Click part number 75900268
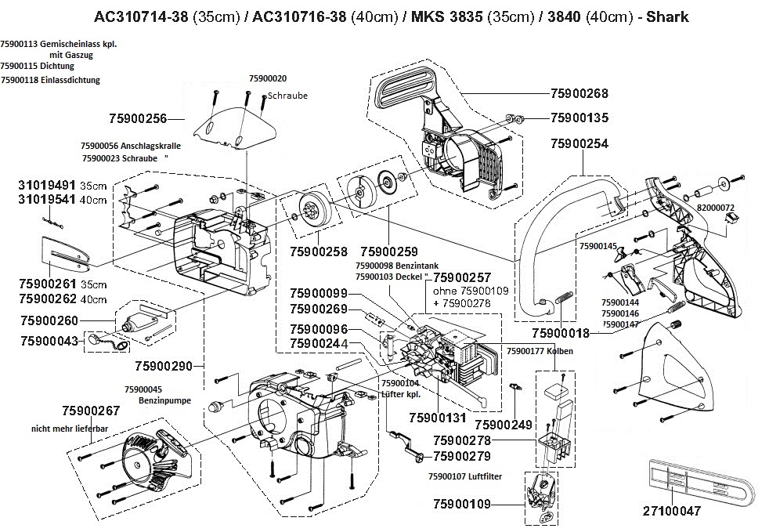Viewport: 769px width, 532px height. coord(579,93)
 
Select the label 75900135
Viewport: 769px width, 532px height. coord(579,118)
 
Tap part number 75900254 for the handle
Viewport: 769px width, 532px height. coord(579,144)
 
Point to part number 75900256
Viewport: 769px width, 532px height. coord(138,119)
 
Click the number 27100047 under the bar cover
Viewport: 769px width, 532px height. coord(671,511)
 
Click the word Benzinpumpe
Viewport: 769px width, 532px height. coord(164,400)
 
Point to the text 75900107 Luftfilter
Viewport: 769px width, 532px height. coord(465,476)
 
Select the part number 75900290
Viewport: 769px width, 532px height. coord(163,366)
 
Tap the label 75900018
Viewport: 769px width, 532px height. coord(561,332)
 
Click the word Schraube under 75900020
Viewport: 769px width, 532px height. coord(287,96)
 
